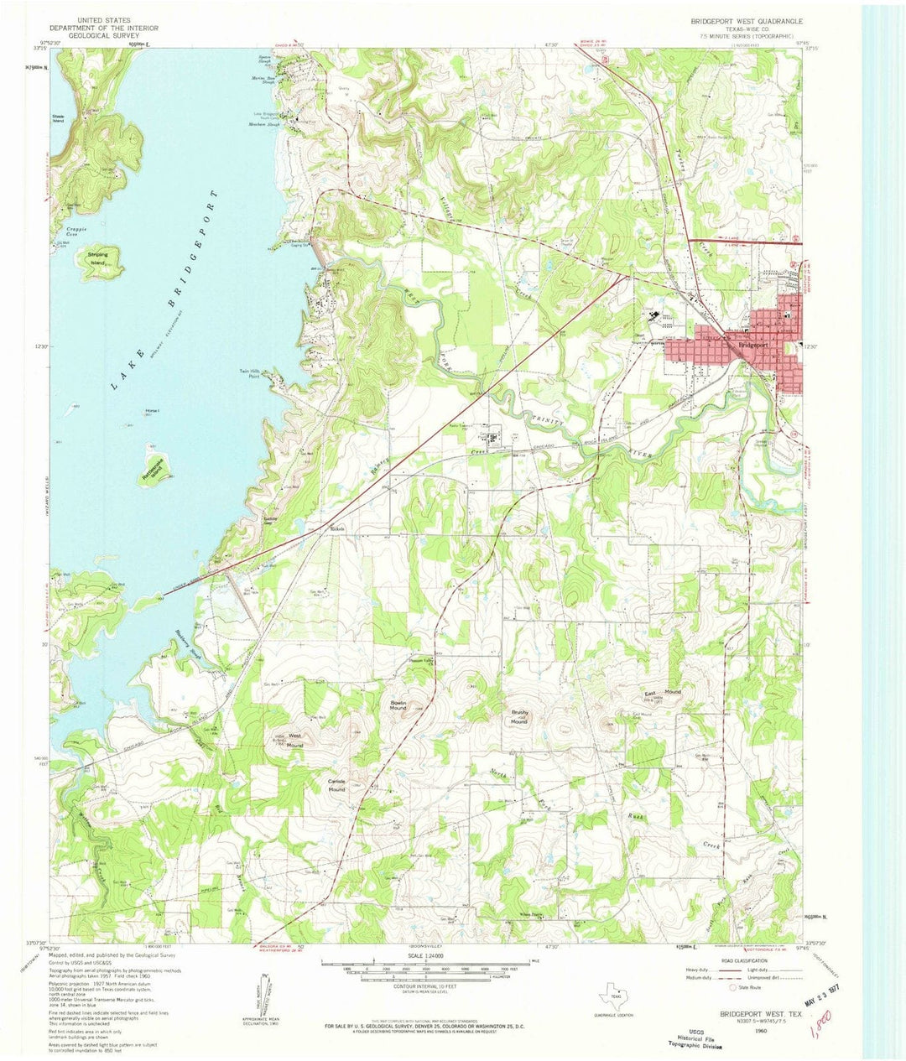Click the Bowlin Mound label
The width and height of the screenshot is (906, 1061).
coord(398,705)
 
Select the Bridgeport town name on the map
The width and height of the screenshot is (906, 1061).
coord(754,345)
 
